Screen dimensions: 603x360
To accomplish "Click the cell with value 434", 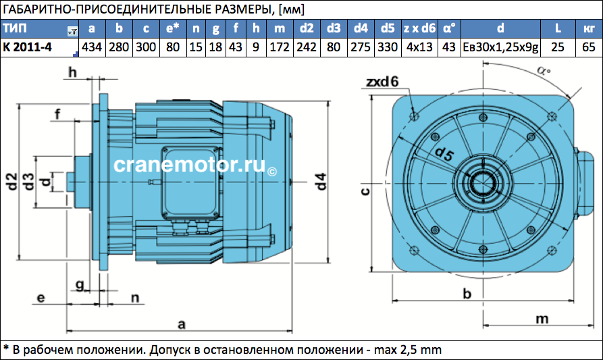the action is pyautogui.click(x=92, y=47).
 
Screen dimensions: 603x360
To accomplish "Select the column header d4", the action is pyautogui.click(x=361, y=28).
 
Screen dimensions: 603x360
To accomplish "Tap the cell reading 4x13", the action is pyautogui.click(x=419, y=47).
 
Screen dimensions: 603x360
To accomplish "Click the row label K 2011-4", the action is pyautogui.click(x=27, y=47).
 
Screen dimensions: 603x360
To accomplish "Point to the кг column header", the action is pyautogui.click(x=589, y=28).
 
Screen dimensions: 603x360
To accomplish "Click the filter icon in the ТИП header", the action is pyautogui.click(x=72, y=31).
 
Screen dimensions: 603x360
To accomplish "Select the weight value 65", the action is pyautogui.click(x=589, y=47).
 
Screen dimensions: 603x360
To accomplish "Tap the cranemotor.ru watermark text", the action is pyautogui.click(x=189, y=165).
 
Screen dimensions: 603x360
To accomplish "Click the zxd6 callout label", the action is pyautogui.click(x=382, y=82).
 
